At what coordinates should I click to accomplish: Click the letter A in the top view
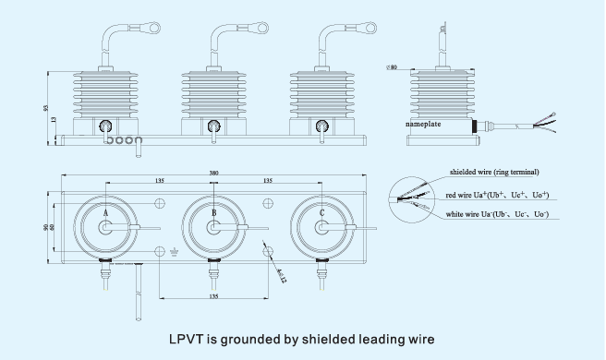pyautogui.click(x=105, y=213)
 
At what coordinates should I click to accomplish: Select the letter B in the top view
pyautogui.click(x=214, y=213)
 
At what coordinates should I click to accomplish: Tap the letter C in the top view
pyautogui.click(x=321, y=213)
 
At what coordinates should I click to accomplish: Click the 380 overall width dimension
pyautogui.click(x=213, y=173)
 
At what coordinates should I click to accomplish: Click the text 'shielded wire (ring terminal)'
pyautogui.click(x=494, y=172)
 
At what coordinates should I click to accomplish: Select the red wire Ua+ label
pyautogui.click(x=497, y=195)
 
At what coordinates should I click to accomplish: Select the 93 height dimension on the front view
pyautogui.click(x=46, y=108)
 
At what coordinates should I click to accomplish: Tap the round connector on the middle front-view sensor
pyautogui.click(x=214, y=126)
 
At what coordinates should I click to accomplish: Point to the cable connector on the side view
pyautogui.click(x=481, y=125)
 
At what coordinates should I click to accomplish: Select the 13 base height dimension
pyautogui.click(x=54, y=121)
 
